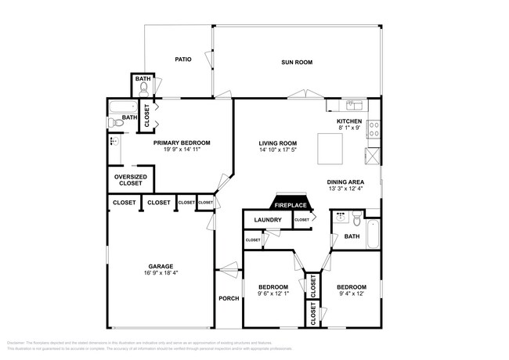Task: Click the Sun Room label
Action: (x=297, y=62)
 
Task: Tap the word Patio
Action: (x=183, y=59)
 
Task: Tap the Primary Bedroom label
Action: (x=182, y=143)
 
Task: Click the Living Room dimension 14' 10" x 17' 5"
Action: (x=277, y=149)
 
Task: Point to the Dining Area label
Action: (x=345, y=182)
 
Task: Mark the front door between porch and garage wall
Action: (x=229, y=271)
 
